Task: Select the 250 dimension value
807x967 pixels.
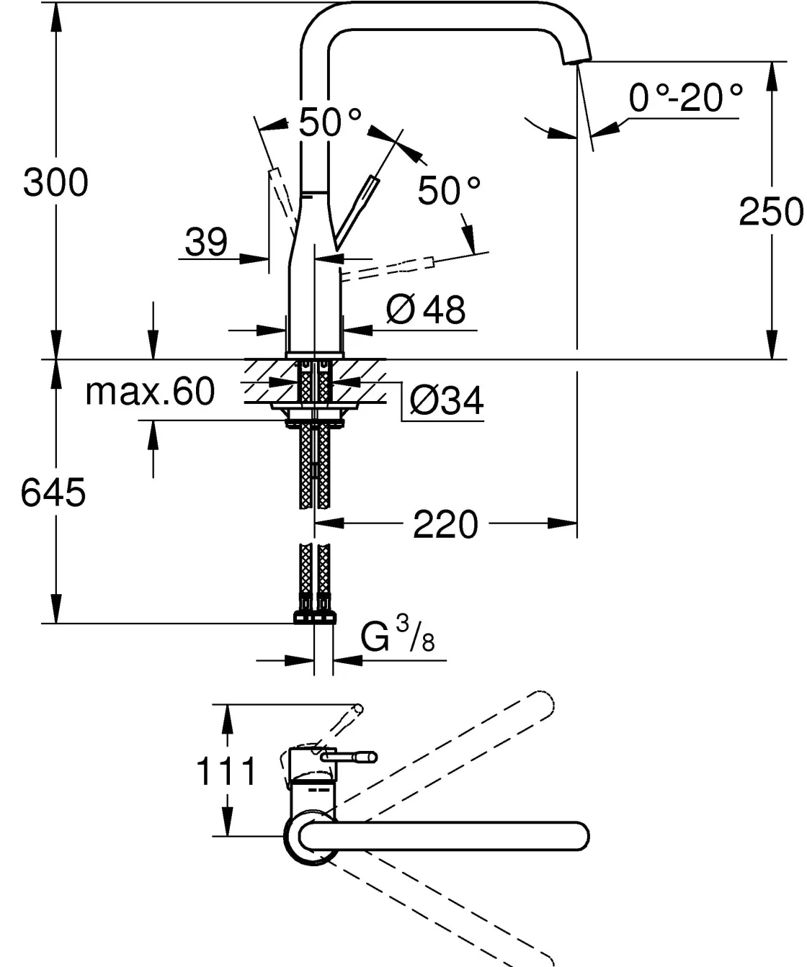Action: [770, 212]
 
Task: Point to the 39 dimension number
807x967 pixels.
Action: [206, 242]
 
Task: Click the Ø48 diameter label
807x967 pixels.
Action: [426, 310]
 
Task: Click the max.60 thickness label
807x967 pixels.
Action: [150, 392]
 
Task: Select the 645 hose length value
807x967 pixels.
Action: [53, 493]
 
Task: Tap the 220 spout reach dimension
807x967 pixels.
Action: [445, 524]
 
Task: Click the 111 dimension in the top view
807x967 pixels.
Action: [226, 772]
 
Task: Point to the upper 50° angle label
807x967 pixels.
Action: [329, 122]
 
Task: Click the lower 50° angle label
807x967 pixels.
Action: [449, 191]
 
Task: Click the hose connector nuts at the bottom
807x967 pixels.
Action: [315, 616]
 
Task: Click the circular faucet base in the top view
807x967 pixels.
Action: [311, 837]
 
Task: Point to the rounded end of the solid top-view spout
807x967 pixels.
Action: [576, 836]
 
